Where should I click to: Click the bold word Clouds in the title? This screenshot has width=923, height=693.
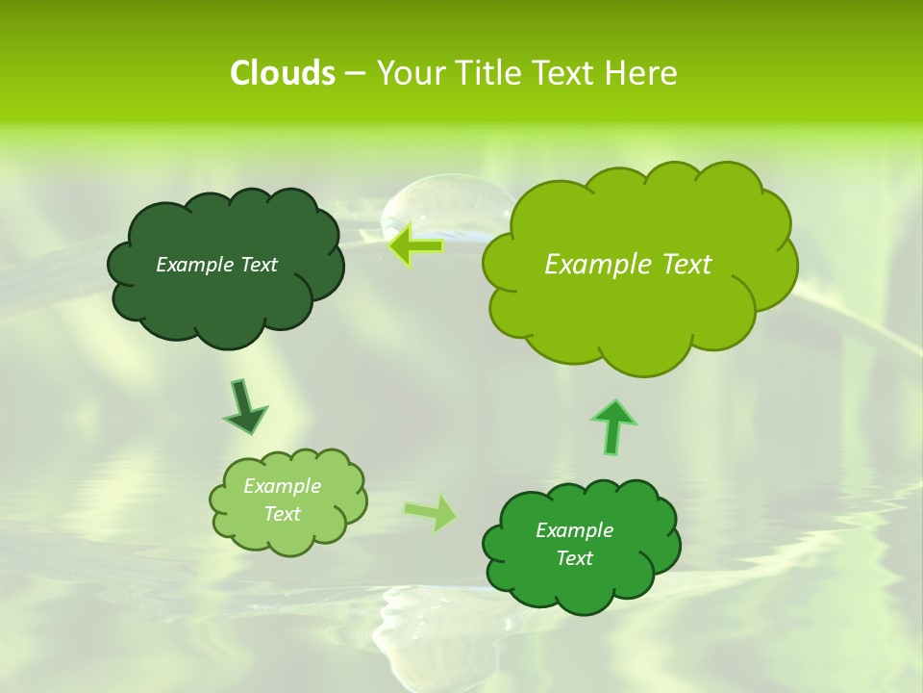coord(283,73)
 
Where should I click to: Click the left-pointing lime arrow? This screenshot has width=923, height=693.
coord(415,245)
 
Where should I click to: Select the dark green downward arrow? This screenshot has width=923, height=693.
coord(244,407)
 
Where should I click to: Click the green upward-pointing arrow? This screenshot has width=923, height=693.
coord(612,425)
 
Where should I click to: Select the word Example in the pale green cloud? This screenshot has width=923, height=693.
coord(282,486)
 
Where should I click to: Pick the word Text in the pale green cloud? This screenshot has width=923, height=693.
coord(282,514)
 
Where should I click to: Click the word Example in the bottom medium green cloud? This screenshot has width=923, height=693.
coord(574,530)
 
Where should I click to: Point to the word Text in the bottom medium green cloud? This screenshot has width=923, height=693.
coord(574,558)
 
